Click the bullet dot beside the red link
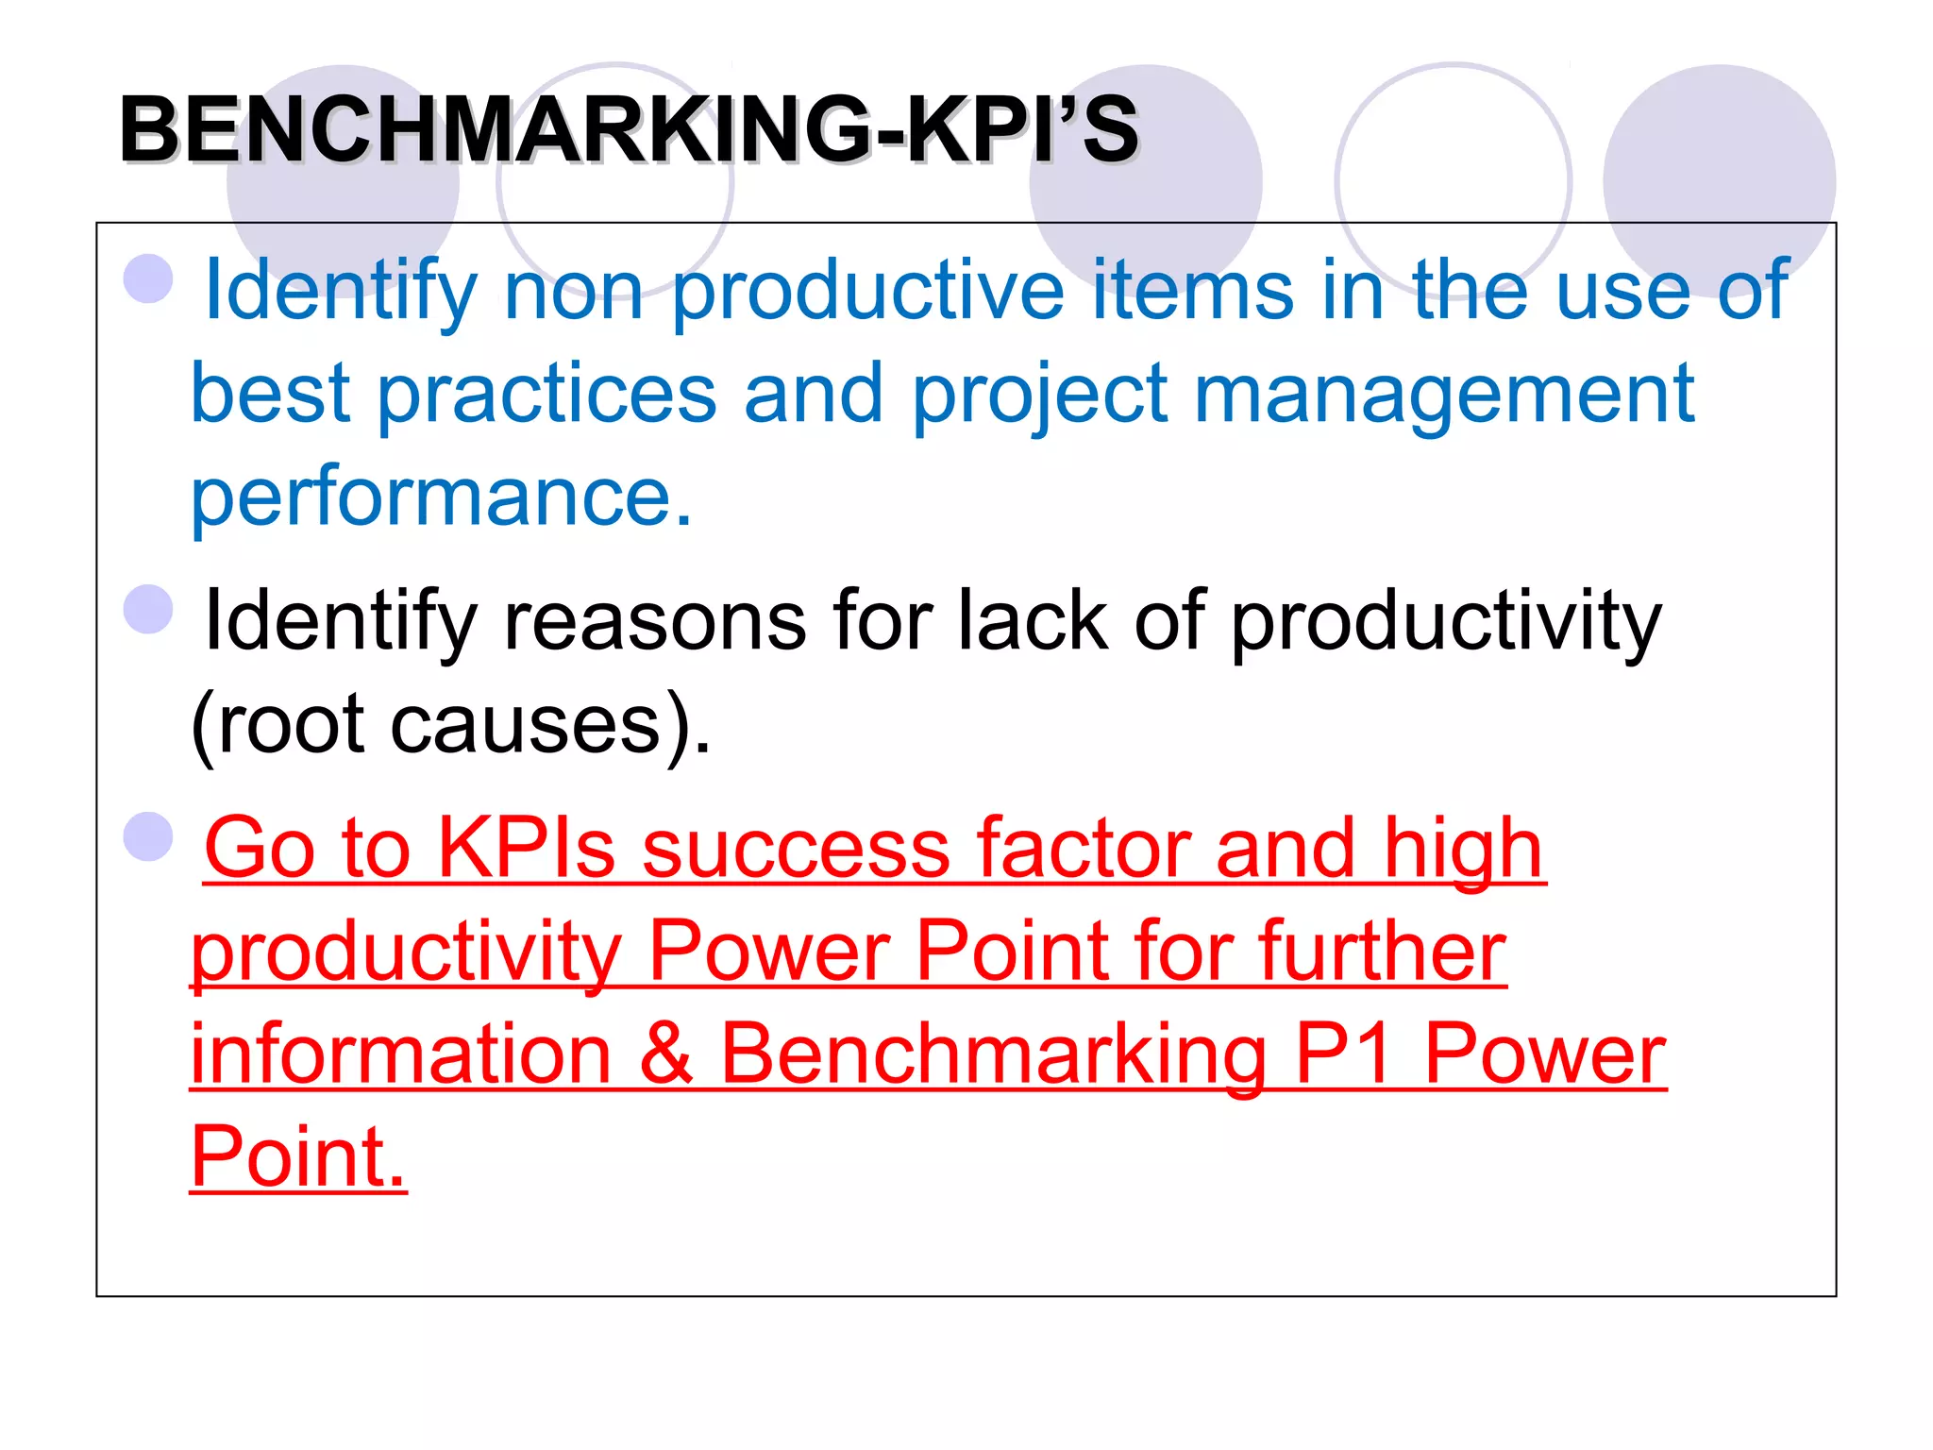click(148, 836)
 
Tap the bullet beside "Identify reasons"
click(148, 609)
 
